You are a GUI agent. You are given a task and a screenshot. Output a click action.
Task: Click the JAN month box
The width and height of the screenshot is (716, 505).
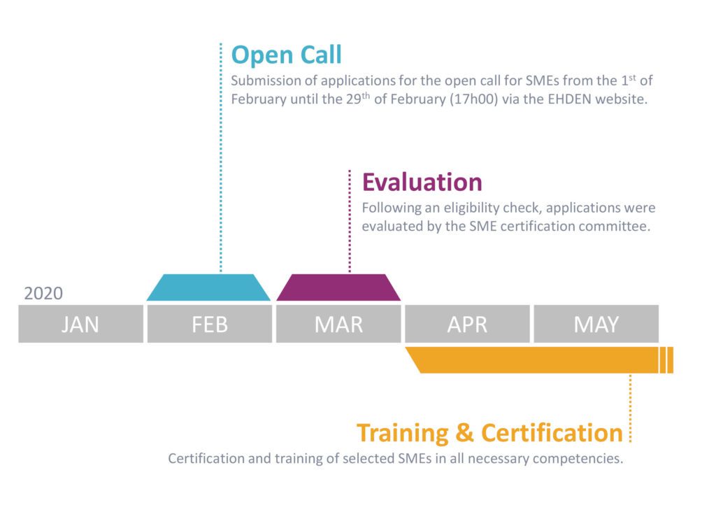pyautogui.click(x=81, y=324)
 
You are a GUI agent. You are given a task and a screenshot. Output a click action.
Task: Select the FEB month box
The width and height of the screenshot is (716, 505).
pyautogui.click(x=210, y=324)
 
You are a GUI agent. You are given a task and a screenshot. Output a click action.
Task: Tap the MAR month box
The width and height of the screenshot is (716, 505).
pyautogui.click(x=338, y=324)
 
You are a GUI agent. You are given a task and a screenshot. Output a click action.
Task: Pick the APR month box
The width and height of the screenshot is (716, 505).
pyautogui.click(x=467, y=324)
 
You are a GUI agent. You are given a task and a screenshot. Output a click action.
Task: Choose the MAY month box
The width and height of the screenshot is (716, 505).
pyautogui.click(x=596, y=324)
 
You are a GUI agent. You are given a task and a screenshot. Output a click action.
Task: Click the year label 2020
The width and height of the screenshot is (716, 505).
pyautogui.click(x=43, y=293)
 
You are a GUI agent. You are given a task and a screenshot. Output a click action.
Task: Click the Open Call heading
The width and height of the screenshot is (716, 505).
pyautogui.click(x=286, y=55)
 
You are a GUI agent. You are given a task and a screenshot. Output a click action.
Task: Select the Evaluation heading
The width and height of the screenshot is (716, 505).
pyautogui.click(x=422, y=182)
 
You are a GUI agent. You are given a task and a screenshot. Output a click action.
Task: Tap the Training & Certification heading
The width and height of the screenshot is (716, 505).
pyautogui.click(x=489, y=433)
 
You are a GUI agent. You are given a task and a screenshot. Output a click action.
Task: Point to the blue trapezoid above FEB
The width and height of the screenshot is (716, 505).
pyautogui.click(x=208, y=287)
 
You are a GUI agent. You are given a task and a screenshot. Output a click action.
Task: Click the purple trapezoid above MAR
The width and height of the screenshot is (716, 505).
pyautogui.click(x=338, y=287)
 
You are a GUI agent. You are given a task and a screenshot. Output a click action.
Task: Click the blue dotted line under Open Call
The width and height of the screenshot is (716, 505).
pyautogui.click(x=220, y=157)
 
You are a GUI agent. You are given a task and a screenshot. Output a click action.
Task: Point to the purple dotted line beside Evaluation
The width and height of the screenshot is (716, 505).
pyautogui.click(x=350, y=221)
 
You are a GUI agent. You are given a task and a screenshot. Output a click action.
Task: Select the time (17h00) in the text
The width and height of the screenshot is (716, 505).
pyautogui.click(x=474, y=99)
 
